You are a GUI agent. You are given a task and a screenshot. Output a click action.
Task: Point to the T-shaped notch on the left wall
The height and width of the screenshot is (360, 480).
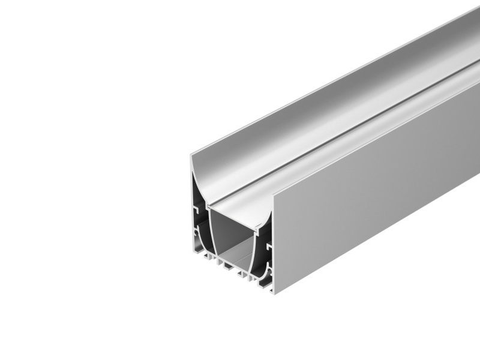pyautogui.click(x=197, y=210)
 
